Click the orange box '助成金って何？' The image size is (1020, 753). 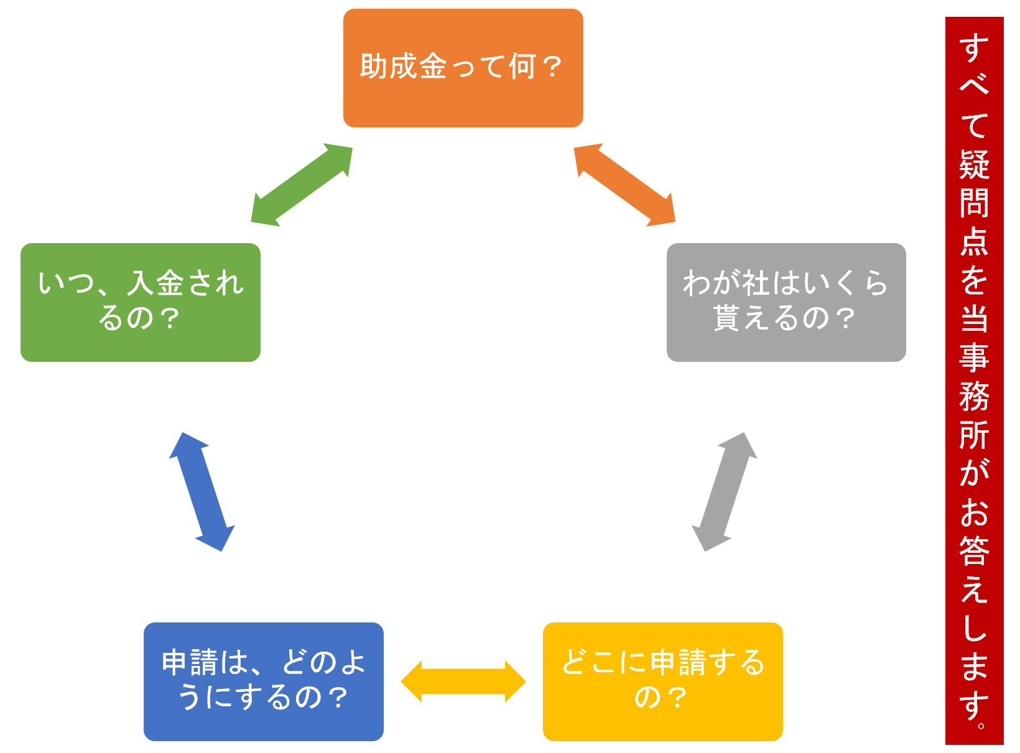[463, 68]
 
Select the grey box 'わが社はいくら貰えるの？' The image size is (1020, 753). [786, 302]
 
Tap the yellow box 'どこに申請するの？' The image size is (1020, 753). [662, 681]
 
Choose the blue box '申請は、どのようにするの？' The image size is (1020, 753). [263, 681]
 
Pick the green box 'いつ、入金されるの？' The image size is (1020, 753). [140, 302]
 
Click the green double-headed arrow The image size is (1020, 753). [302, 185]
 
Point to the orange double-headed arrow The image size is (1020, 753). [624, 185]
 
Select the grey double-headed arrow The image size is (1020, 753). [725, 492]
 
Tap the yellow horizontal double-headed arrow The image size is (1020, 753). [463, 681]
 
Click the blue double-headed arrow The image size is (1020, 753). [202, 492]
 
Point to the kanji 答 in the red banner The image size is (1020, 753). [974, 550]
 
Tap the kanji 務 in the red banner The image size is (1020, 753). [974, 396]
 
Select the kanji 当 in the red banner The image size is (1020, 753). [974, 319]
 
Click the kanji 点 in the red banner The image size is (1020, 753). [974, 242]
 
